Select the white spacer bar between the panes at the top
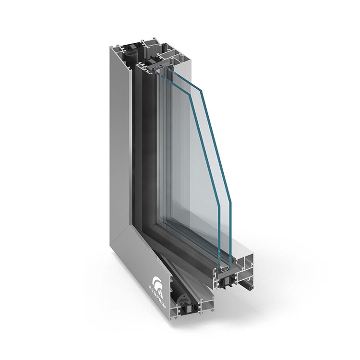[x=158, y=69]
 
